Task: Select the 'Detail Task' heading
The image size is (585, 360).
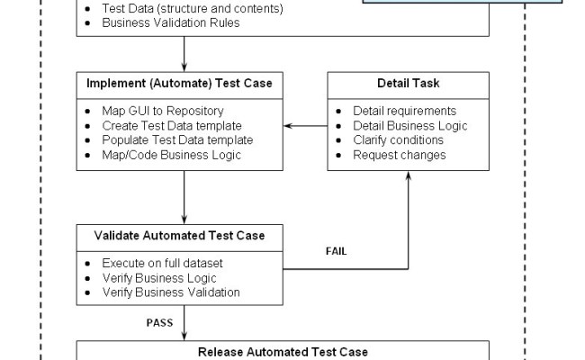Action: click(408, 84)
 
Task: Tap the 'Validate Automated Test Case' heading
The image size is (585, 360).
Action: click(179, 236)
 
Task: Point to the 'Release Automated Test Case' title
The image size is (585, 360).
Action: click(283, 351)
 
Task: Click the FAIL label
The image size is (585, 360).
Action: click(336, 251)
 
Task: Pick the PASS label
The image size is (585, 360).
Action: click(159, 320)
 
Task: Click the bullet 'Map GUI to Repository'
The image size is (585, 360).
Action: click(157, 111)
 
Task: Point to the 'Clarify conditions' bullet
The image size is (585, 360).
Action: click(398, 139)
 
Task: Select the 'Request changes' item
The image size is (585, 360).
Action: click(399, 154)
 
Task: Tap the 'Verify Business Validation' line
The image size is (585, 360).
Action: click(170, 292)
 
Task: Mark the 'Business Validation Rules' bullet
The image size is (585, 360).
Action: click(170, 22)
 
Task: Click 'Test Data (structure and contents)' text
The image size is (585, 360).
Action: click(193, 9)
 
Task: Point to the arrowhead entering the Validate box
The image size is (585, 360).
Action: click(184, 220)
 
